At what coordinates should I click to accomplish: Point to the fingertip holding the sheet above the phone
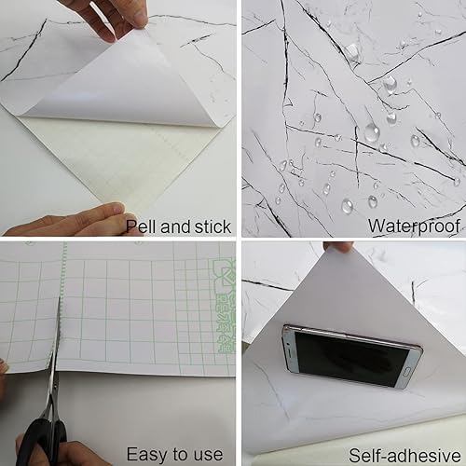[341, 247]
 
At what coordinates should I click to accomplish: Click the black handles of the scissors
[42, 438]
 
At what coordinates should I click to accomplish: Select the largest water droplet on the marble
[372, 133]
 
